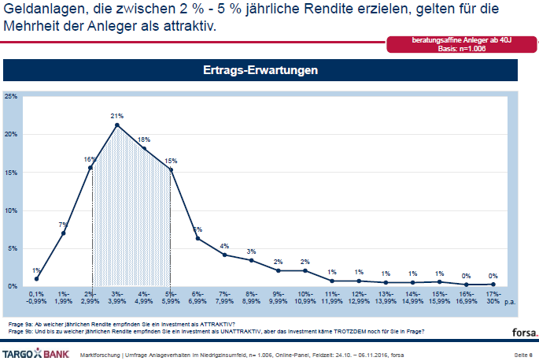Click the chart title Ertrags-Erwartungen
[260, 70]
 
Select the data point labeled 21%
[116, 125]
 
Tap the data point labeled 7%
[64, 233]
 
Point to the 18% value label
[144, 140]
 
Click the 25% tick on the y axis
[11, 96]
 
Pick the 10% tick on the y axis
[11, 210]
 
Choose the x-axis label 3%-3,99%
[117, 298]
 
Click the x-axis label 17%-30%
[493, 298]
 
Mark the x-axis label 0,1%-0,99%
[36, 298]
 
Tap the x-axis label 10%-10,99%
[305, 298]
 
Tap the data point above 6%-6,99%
[198, 238]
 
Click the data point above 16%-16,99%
[467, 284]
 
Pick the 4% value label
[224, 246]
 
